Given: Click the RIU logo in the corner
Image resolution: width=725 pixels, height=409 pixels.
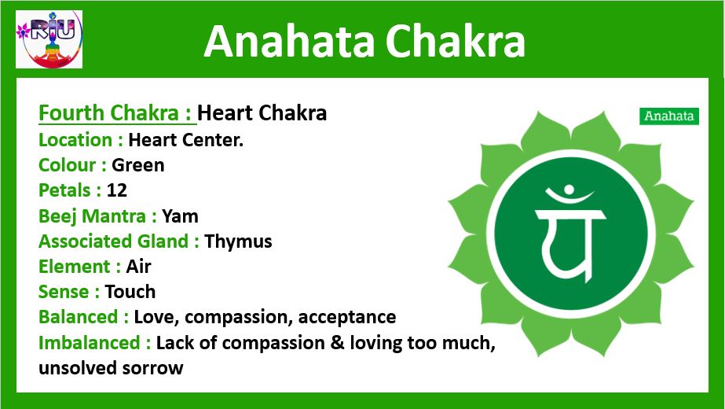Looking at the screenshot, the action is click(x=49, y=39).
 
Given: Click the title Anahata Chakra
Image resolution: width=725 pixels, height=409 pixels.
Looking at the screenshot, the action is click(x=364, y=41).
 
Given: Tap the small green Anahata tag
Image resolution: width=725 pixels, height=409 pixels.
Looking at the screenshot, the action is click(x=669, y=116).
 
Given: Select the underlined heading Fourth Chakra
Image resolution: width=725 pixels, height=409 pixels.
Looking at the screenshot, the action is click(x=117, y=113).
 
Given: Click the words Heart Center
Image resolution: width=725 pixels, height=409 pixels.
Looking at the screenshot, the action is click(x=186, y=140).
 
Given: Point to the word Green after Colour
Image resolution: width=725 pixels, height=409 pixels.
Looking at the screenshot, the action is click(x=137, y=165).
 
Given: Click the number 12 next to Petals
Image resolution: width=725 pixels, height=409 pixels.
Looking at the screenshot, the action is click(x=116, y=190).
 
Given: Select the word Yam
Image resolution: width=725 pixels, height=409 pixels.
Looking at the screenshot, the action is click(x=180, y=216).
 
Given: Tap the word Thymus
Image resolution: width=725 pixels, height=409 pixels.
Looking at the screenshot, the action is click(x=238, y=241).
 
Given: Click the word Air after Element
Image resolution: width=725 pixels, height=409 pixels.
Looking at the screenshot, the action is click(x=138, y=267).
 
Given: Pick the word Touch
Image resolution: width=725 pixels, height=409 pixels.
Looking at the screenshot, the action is click(x=130, y=292).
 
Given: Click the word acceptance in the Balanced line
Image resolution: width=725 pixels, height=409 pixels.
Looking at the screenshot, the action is click(x=346, y=317).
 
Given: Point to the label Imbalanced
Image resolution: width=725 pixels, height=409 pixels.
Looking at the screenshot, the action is click(x=94, y=343).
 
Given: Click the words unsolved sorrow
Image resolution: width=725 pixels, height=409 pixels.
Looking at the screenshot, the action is click(x=111, y=368).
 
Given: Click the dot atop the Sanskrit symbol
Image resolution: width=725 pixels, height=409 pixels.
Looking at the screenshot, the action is click(x=569, y=190).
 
